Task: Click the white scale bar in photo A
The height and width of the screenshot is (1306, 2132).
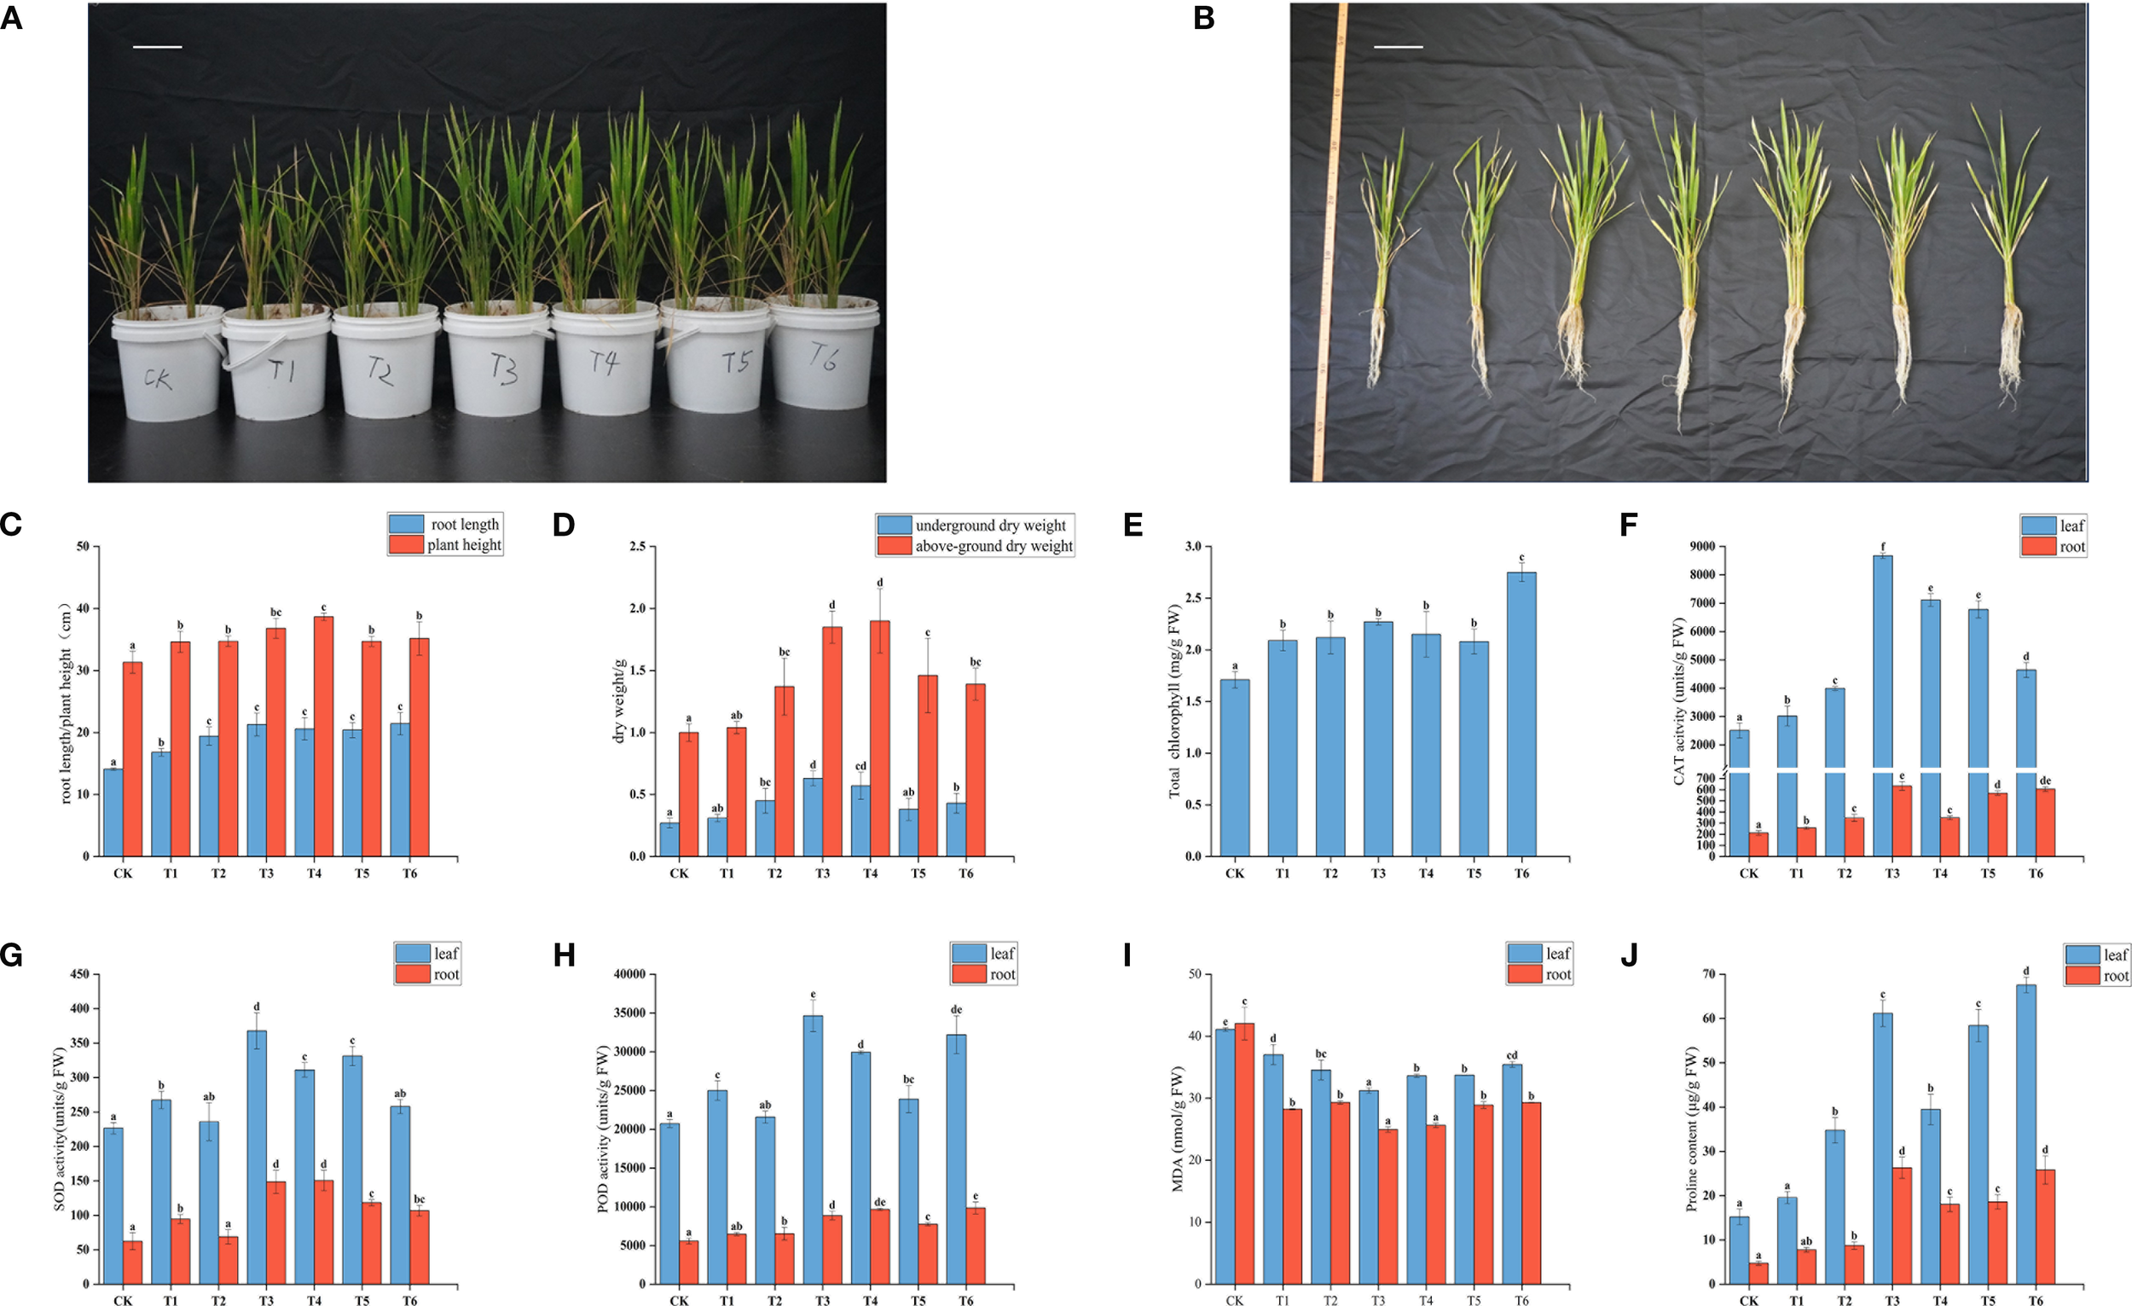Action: coord(158,47)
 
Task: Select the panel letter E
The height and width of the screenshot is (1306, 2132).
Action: coord(1133,525)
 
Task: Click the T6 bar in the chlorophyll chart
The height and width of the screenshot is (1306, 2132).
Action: coord(1521,714)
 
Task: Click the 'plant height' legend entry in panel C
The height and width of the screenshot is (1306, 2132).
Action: coord(446,544)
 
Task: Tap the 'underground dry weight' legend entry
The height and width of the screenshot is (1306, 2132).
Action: coord(975,525)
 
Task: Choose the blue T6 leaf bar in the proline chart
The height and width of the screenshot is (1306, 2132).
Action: coord(2025,1134)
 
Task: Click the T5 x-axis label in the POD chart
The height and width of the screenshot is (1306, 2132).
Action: coord(918,1300)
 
